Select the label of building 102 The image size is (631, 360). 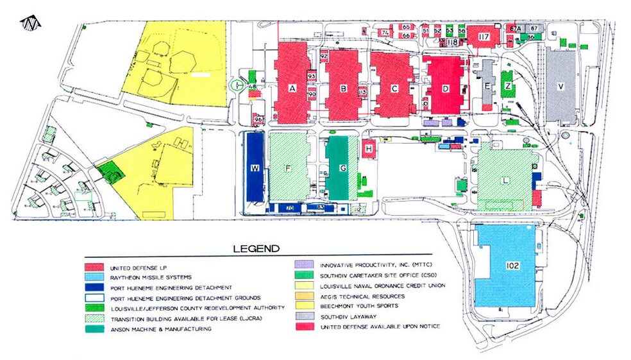tap(512, 265)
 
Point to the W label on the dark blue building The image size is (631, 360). tap(255, 169)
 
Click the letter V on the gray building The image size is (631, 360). tap(561, 86)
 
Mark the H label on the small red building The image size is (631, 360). tap(368, 149)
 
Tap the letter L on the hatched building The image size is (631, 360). tap(505, 181)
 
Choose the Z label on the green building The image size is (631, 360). tap(508, 85)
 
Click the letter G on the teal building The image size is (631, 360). tap(343, 169)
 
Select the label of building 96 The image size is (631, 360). tap(258, 119)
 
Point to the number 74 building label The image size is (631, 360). tap(386, 32)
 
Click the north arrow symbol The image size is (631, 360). tap(30, 24)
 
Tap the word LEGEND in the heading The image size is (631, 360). tap(257, 248)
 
